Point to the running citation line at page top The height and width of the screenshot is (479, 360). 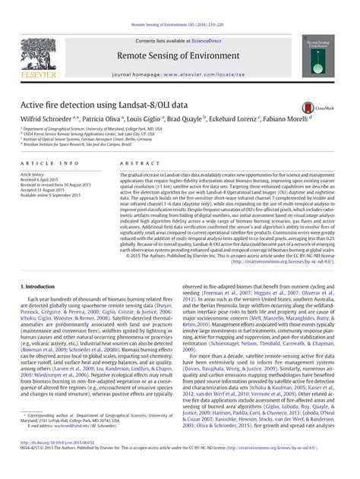click(x=179, y=5)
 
